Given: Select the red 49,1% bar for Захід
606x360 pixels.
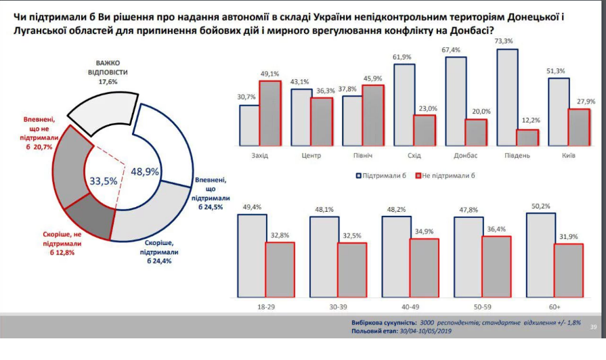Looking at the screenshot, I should click(269, 113).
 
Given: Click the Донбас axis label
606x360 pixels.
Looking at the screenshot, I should click(466, 156).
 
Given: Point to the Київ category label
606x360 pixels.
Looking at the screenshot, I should click(568, 156).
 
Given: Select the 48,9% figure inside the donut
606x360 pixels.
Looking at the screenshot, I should click(144, 172).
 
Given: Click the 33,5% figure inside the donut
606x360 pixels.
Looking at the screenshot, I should click(104, 181).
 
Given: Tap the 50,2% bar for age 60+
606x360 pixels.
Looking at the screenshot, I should click(540, 255).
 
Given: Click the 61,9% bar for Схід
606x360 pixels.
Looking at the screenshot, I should click(404, 105).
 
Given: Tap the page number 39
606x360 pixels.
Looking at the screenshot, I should click(593, 328).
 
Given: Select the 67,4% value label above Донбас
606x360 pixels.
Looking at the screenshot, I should click(456, 49).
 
